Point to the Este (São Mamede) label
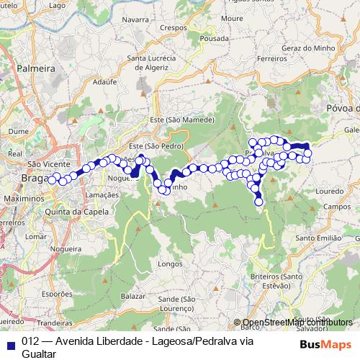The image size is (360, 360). tap(182, 119)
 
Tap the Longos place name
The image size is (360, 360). tap(170, 264)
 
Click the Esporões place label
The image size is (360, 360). tap(38, 294)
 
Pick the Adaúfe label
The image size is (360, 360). tap(104, 82)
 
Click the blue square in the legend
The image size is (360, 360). tap(9, 343)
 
